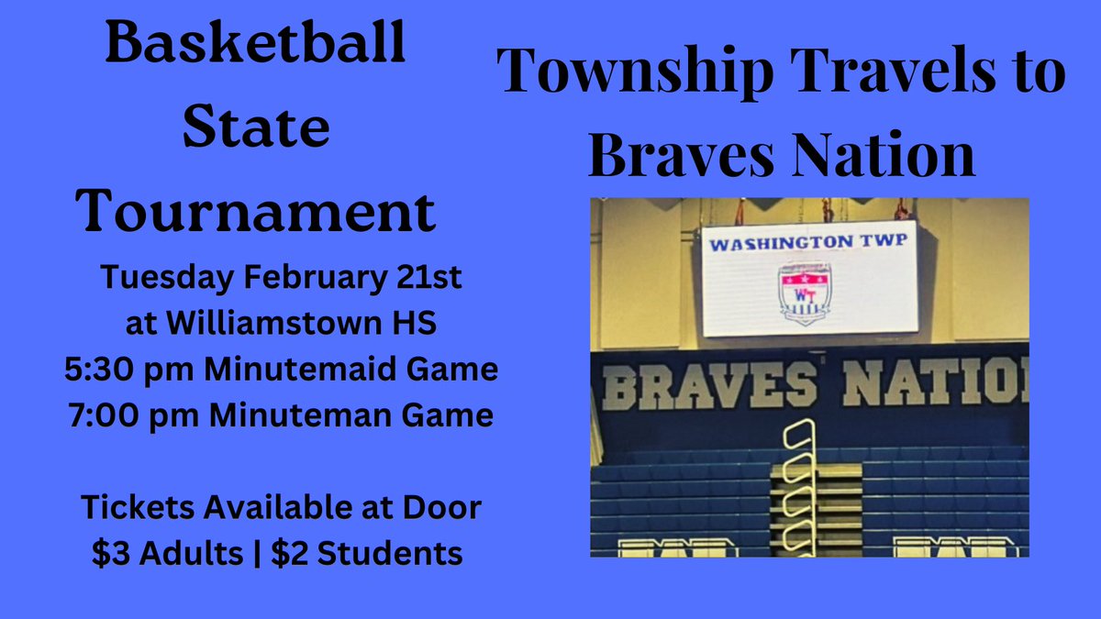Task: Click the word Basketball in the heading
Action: [255, 45]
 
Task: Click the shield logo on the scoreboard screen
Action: [804, 291]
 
